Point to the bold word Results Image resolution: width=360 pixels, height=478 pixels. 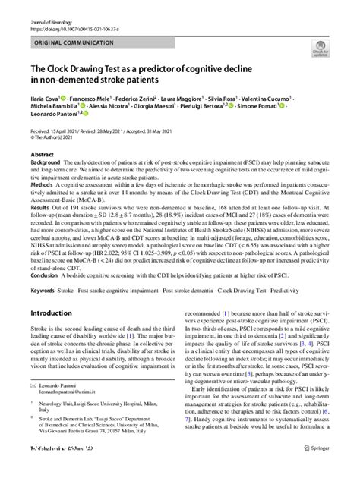click(42, 206)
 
